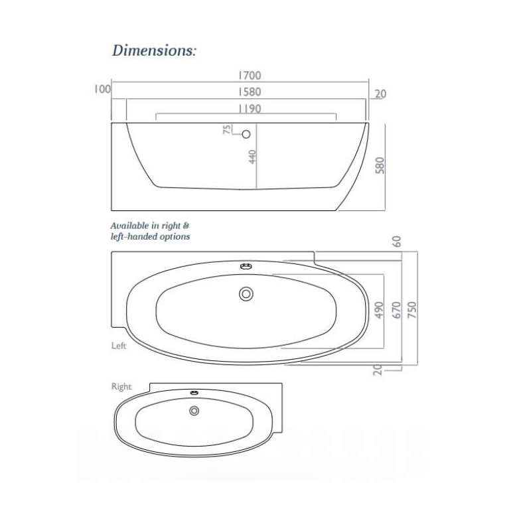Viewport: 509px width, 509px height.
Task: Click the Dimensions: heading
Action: point(154,50)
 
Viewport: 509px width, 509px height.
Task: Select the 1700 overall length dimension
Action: point(249,76)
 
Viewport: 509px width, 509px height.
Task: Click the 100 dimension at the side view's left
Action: point(102,88)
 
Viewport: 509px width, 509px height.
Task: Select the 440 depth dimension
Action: point(252,158)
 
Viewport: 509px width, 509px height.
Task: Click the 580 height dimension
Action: point(380,165)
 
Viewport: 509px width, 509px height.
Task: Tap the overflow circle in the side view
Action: point(246,135)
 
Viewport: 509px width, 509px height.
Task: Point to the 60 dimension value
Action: point(397,242)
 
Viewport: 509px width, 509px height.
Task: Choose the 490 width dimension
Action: point(380,311)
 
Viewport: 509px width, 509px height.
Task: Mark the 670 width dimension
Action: point(397,311)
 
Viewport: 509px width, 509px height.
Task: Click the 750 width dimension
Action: point(413,311)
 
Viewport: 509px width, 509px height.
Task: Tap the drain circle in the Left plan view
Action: point(247,293)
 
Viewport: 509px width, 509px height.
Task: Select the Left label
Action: point(119,345)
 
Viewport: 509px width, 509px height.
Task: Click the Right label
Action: point(121,386)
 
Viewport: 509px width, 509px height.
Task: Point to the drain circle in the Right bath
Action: point(194,411)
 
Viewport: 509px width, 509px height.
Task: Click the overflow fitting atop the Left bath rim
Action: point(247,267)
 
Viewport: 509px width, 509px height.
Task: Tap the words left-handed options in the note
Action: point(150,236)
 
